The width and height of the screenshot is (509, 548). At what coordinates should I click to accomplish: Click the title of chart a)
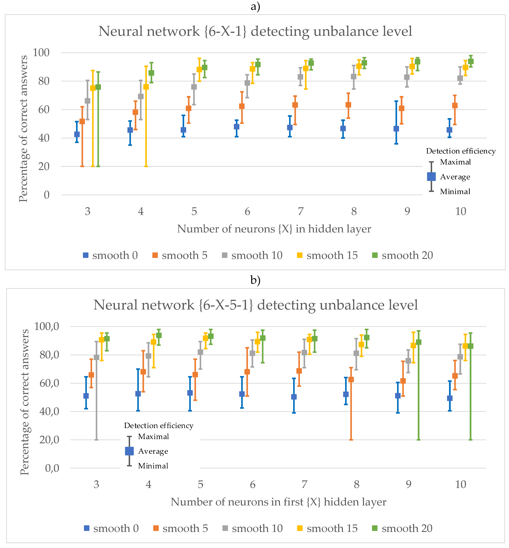point(255,31)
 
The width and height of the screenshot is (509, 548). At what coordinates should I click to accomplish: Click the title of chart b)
point(256,305)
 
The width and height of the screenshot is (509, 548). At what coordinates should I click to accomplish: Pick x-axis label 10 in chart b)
point(461,484)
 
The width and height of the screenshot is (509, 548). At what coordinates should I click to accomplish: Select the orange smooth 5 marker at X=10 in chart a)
point(455,106)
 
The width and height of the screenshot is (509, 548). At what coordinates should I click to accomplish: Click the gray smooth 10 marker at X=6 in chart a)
point(247,83)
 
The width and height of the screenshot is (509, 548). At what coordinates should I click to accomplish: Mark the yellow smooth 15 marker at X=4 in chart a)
point(146,87)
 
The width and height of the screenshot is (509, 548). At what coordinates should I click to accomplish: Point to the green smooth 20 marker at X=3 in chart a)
point(98,87)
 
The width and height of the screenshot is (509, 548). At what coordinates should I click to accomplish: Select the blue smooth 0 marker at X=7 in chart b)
point(294,397)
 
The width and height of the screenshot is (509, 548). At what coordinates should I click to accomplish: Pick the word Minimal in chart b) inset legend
point(153,466)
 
